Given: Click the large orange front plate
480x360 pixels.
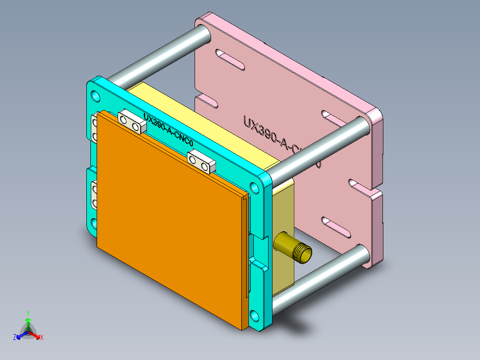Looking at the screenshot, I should (x=169, y=223).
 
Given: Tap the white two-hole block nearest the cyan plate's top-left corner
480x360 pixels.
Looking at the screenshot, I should (x=132, y=123).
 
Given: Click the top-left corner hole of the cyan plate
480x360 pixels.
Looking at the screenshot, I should (x=96, y=95).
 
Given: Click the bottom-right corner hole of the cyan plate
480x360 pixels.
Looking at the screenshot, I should (x=254, y=315).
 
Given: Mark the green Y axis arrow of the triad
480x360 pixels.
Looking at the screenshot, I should (x=28, y=320).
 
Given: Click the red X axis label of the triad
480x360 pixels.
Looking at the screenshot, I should (x=41, y=338).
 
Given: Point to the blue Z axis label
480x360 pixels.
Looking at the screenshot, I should (x=15, y=338).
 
